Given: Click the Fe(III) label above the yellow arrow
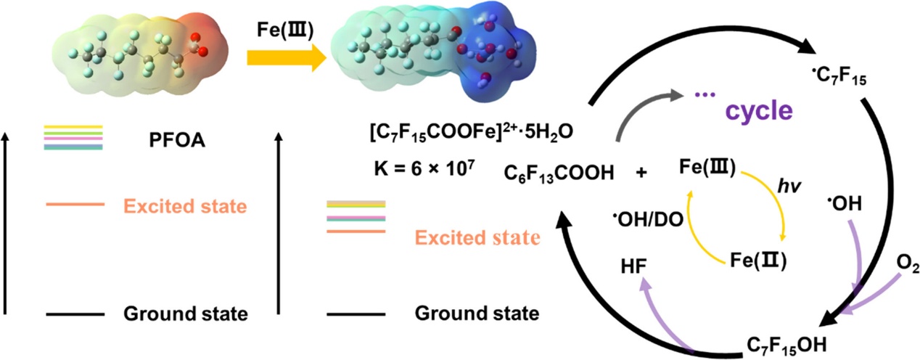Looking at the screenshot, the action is coord(285,30).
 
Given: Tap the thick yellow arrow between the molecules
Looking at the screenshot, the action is coord(287,58).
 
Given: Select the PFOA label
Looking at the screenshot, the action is coord(177,141).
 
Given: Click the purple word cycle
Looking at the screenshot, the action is coord(759,111).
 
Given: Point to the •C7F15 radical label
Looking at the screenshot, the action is coord(839,76).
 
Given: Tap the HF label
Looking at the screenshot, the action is coord(634,266).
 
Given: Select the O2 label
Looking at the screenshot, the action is coord(907,264).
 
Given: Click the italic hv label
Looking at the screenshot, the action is coord(789,187).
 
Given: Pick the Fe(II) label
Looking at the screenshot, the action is coord(758,261).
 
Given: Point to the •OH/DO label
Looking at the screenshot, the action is coord(648,220).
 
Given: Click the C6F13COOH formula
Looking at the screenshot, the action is coord(559,173).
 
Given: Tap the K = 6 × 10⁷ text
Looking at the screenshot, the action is coord(424,168).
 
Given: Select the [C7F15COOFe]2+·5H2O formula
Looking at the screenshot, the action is coord(471,132).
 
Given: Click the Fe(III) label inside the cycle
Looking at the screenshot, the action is coord(707,167).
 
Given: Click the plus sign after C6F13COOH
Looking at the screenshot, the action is coord(641,173).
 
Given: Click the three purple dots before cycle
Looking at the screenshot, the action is coord(705,95).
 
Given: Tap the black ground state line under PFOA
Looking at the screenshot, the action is coord(75,314).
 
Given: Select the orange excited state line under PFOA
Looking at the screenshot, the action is coord(75,204).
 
